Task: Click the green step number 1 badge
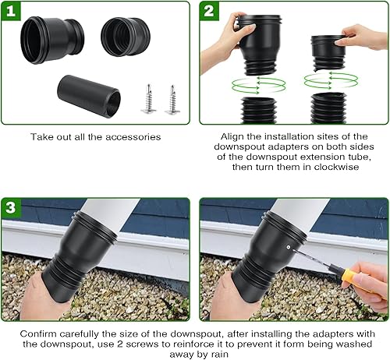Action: click(11, 11)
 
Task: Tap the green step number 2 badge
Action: click(209, 11)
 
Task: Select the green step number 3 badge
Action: click(11, 208)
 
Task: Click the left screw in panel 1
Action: click(149, 99)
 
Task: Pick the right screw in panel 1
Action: click(172, 99)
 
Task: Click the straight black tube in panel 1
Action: click(89, 96)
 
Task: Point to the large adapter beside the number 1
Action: click(52, 40)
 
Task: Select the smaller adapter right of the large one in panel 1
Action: click(126, 37)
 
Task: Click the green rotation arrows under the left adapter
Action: click(258, 85)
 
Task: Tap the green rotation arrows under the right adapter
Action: click(331, 80)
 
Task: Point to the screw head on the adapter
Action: click(289, 247)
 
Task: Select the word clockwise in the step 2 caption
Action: click(336, 167)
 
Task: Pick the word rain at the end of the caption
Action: click(219, 355)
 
